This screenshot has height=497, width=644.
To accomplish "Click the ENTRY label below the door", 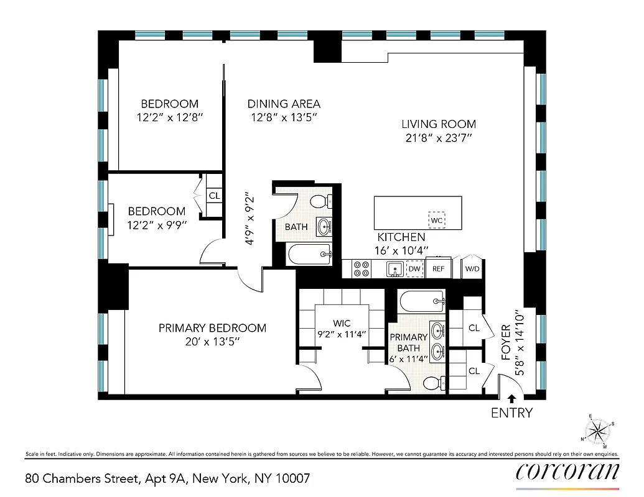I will pyautogui.click(x=511, y=413).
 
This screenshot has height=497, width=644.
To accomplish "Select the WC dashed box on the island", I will pyautogui.click(x=436, y=220).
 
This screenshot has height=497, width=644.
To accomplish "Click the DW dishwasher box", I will pyautogui.click(x=414, y=268).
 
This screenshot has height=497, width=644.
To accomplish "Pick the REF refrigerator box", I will pyautogui.click(x=439, y=268).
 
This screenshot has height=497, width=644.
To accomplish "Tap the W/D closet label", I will pyautogui.click(x=472, y=269).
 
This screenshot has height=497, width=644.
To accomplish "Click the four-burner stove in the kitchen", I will pyautogui.click(x=361, y=268).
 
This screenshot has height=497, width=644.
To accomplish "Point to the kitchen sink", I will pyautogui.click(x=393, y=268).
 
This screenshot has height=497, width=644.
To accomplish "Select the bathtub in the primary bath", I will pyautogui.click(x=422, y=301).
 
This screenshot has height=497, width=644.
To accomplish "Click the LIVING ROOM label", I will pyautogui.click(x=438, y=124).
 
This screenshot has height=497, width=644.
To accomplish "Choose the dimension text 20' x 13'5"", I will pyautogui.click(x=212, y=342).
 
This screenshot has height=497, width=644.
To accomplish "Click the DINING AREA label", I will pyautogui.click(x=284, y=104).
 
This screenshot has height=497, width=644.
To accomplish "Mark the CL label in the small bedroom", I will pyautogui.click(x=214, y=196).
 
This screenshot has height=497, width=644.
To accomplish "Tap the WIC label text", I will pyautogui.click(x=342, y=323).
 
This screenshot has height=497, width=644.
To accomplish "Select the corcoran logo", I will pyautogui.click(x=567, y=472).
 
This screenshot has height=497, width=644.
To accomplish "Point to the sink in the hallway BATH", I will pyautogui.click(x=324, y=226).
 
